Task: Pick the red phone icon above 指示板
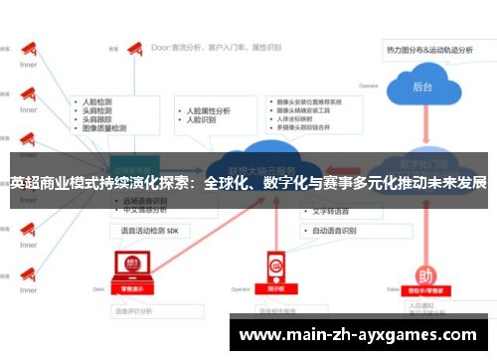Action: point(275,266)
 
